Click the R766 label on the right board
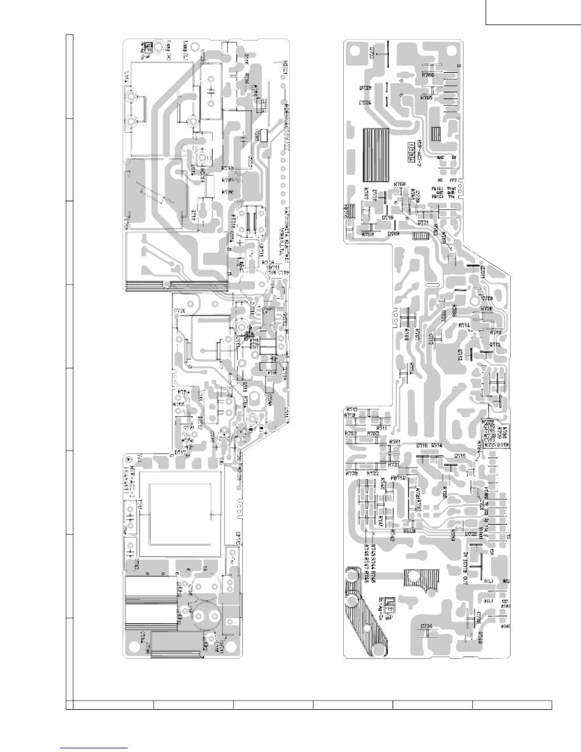tap(427, 75)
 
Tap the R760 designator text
tap(401, 184)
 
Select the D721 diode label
tap(423, 223)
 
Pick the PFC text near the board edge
tap(453, 181)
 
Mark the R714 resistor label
tap(464, 326)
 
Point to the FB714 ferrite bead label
tap(398, 478)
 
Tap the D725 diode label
tap(471, 534)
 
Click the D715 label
tap(460, 456)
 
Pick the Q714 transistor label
tap(437, 445)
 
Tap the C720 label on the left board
tap(179, 311)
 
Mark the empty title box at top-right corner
tap(533, 12)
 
